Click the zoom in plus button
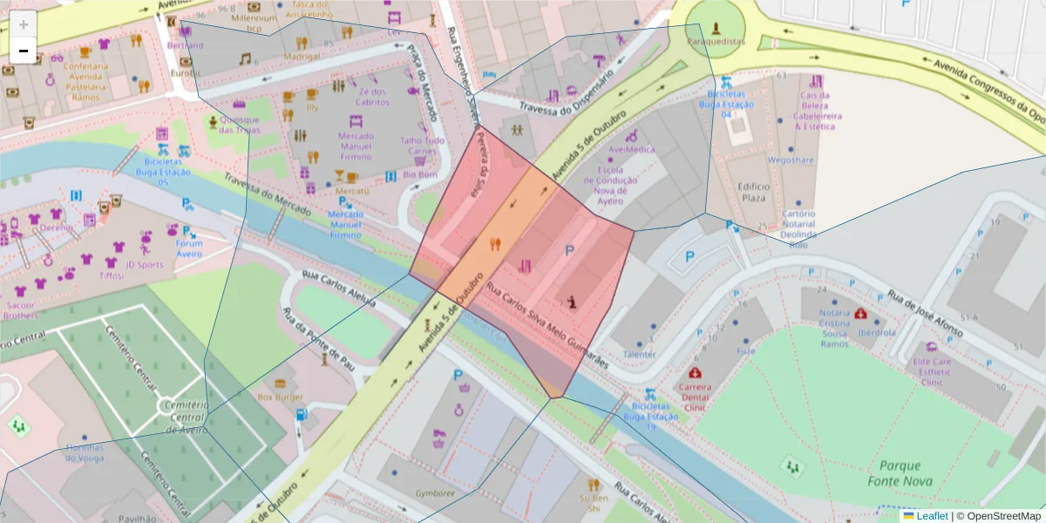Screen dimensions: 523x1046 (24, 24)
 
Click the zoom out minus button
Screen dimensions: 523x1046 (24, 51)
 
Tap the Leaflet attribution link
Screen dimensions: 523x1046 (931, 516)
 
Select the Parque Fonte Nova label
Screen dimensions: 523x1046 (900, 473)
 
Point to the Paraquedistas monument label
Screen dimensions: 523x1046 (716, 41)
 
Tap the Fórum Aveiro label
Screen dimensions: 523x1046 (189, 248)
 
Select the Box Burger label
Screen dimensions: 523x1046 (280, 397)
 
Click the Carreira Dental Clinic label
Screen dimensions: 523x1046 (695, 397)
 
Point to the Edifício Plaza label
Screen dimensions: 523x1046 (753, 192)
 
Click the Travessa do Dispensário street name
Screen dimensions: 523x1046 (567, 95)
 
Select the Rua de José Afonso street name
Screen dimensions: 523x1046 (925, 314)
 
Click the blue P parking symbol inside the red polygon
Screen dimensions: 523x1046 (569, 251)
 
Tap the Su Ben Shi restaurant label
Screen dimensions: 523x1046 (594, 503)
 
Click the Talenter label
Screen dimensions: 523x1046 (640, 355)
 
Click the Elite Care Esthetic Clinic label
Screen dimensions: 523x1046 (932, 371)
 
